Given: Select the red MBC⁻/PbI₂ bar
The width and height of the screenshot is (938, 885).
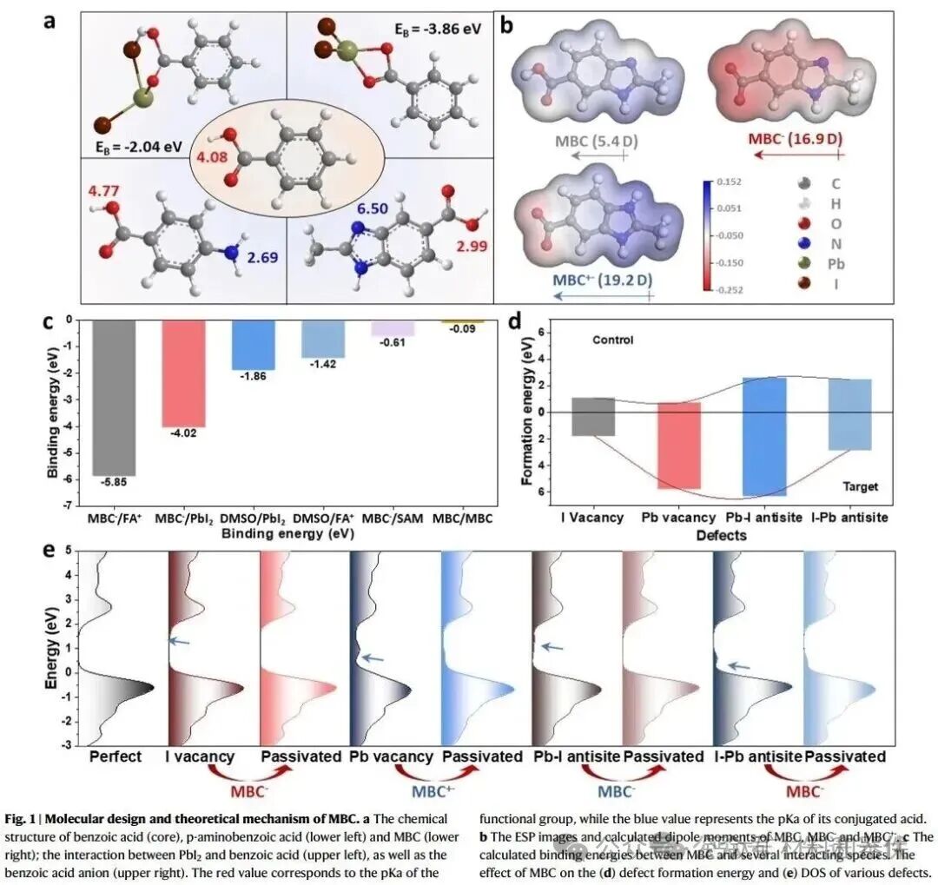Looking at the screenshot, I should point(183,373).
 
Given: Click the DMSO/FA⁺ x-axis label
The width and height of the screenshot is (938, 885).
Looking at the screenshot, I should point(322,519).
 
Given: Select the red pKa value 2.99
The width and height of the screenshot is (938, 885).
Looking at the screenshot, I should point(466,248).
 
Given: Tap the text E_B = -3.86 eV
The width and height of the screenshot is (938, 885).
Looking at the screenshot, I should point(432,28).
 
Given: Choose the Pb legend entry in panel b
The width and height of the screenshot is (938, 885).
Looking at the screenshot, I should point(837,264).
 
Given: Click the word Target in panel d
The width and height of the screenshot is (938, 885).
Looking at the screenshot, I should point(860,487).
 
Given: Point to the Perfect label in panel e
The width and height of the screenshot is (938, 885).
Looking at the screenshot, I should point(115,756).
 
